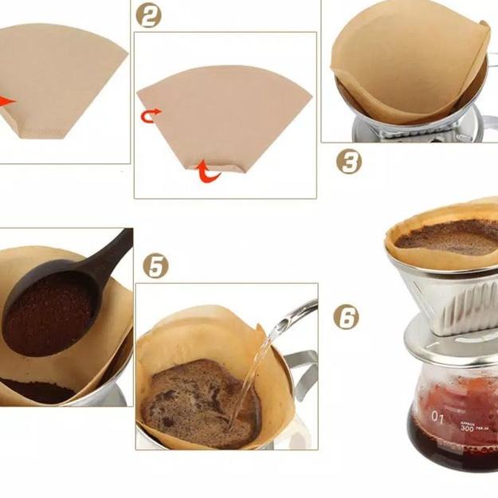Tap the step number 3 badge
348,162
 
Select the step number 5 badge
156,265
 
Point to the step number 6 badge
347,317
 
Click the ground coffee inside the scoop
48,311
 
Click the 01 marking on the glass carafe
437,417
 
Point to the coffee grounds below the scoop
40,390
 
